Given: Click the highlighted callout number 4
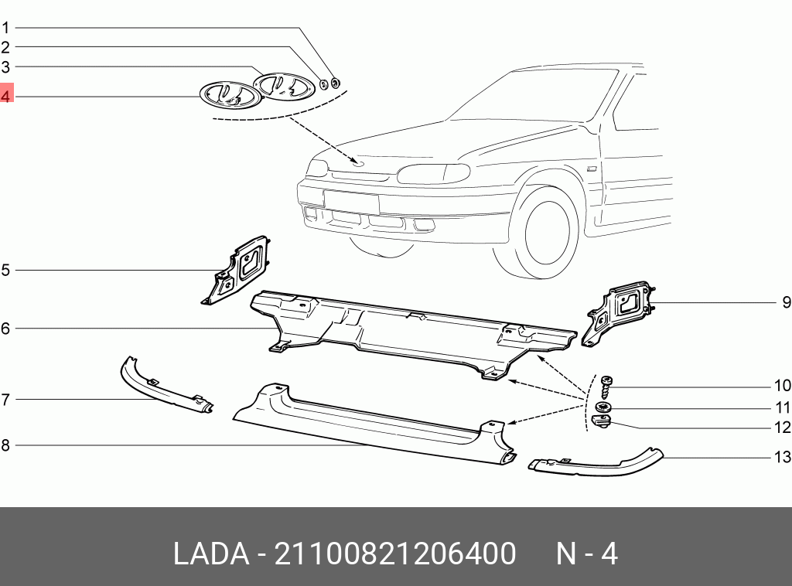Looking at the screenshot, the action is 6,97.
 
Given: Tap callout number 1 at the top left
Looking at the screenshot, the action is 5,28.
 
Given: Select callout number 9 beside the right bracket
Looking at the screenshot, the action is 785,302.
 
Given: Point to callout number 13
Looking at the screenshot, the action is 783,457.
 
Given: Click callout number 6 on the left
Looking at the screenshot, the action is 5,329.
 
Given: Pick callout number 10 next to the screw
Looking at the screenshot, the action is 783,386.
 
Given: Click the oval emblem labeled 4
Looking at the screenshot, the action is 227,95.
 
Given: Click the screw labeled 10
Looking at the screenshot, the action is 606,384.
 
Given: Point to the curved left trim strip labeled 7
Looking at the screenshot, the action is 162,386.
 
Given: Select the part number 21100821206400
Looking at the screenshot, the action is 395,554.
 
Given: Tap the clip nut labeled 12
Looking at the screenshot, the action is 602,421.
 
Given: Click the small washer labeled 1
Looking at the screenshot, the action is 336,83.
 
